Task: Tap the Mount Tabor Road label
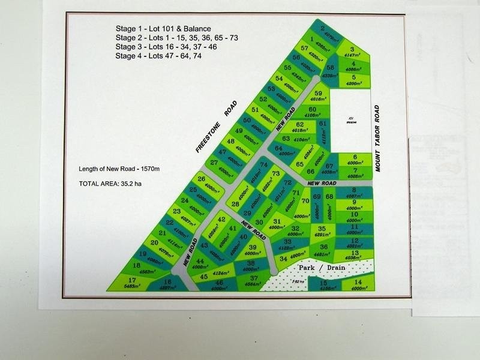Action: click(377, 139)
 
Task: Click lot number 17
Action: click(131, 280)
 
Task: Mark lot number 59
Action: click(319, 93)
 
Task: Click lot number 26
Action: click(202, 179)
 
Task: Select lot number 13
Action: click(355, 253)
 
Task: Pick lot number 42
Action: click(221, 220)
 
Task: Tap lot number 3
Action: click(352, 50)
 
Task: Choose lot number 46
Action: click(220, 283)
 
